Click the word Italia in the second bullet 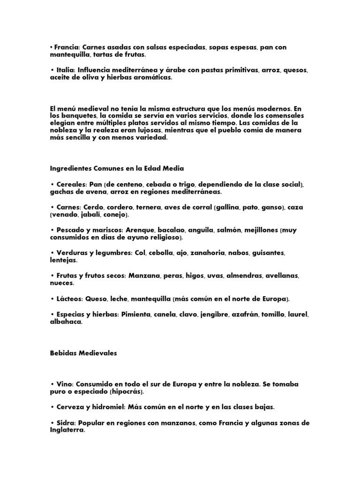click(x=65, y=70)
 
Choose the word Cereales click(x=72, y=185)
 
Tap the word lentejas click(x=63, y=260)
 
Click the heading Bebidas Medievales click(x=83, y=354)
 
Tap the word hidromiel click(x=105, y=407)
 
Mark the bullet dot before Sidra click(x=51, y=423)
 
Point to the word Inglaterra click(x=67, y=430)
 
